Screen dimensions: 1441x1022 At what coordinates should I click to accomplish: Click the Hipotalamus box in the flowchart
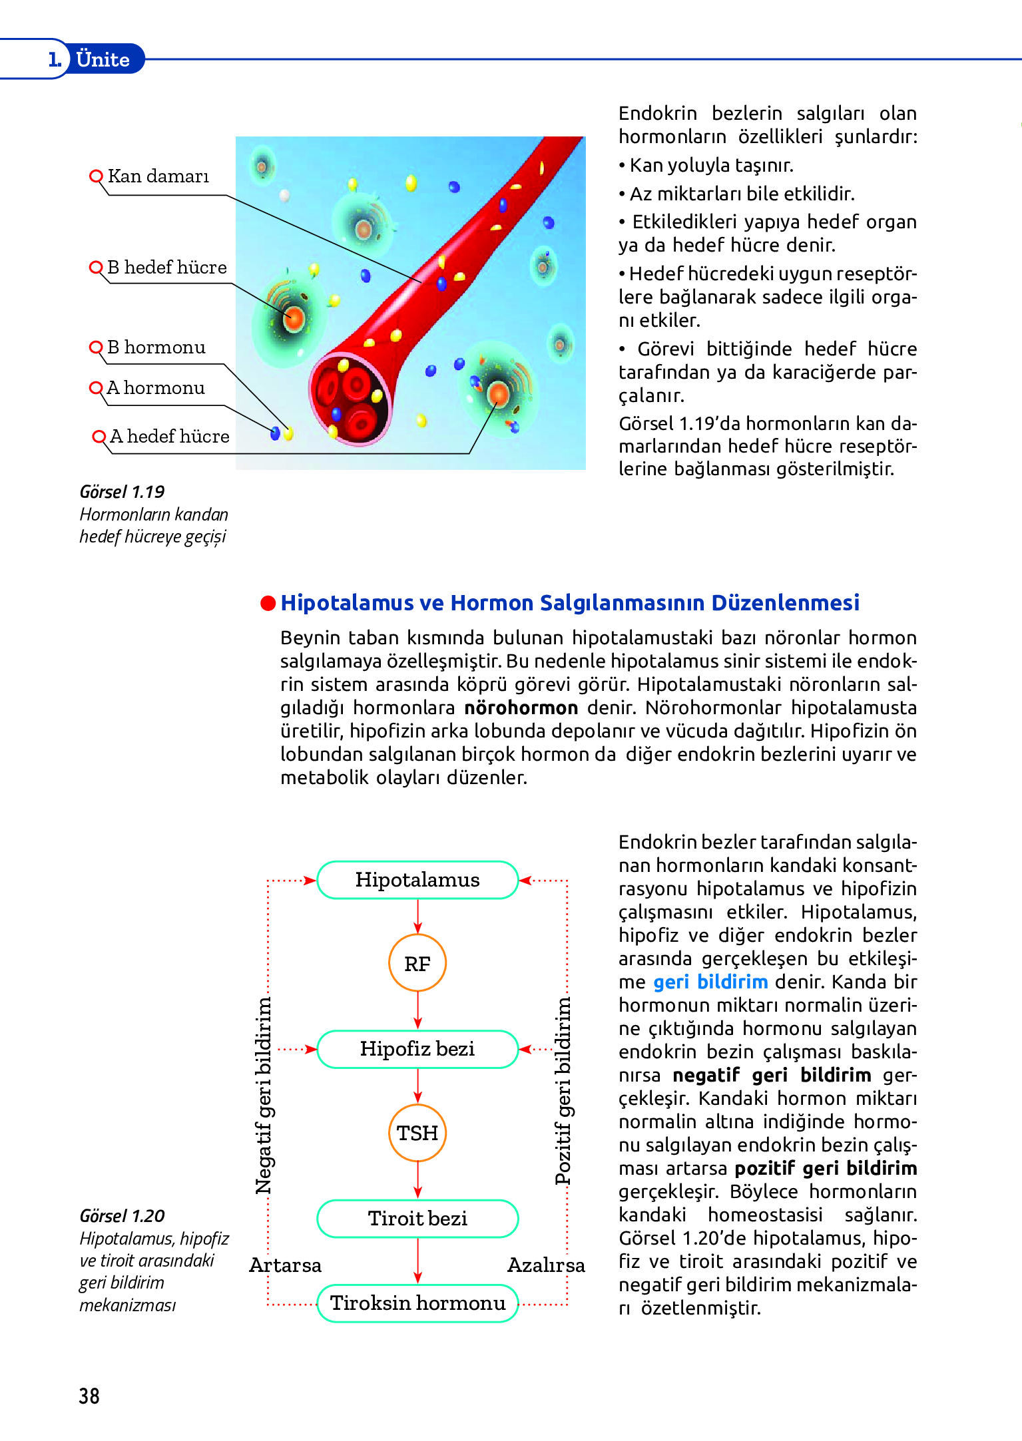[417, 880]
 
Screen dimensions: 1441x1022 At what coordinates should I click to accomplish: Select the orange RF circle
[417, 964]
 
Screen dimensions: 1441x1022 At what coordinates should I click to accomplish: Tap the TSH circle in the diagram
[417, 1133]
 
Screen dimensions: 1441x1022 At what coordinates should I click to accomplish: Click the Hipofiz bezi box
[417, 1049]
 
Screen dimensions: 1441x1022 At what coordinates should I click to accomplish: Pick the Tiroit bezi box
[417, 1219]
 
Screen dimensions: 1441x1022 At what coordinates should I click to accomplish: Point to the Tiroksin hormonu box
[417, 1303]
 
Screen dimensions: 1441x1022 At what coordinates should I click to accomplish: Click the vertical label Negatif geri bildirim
[264, 1095]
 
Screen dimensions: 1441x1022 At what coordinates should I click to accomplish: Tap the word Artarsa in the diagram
[285, 1265]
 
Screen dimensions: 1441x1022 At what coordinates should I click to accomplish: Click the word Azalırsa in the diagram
[546, 1265]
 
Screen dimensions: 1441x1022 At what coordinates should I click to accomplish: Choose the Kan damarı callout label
[158, 176]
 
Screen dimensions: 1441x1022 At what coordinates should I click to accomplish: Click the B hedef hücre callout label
[166, 268]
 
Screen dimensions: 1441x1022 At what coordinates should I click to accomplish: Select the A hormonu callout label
[156, 388]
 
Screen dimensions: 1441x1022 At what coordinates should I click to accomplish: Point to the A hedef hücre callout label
[169, 437]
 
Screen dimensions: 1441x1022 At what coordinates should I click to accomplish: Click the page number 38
[89, 1396]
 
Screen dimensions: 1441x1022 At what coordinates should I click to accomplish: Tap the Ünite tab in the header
[103, 59]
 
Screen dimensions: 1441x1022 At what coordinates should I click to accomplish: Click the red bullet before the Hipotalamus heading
[268, 603]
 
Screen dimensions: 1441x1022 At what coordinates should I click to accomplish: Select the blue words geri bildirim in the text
[710, 982]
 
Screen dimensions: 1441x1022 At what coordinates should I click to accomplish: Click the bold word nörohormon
[521, 708]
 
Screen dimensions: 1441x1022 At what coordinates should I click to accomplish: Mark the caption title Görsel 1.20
[122, 1216]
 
